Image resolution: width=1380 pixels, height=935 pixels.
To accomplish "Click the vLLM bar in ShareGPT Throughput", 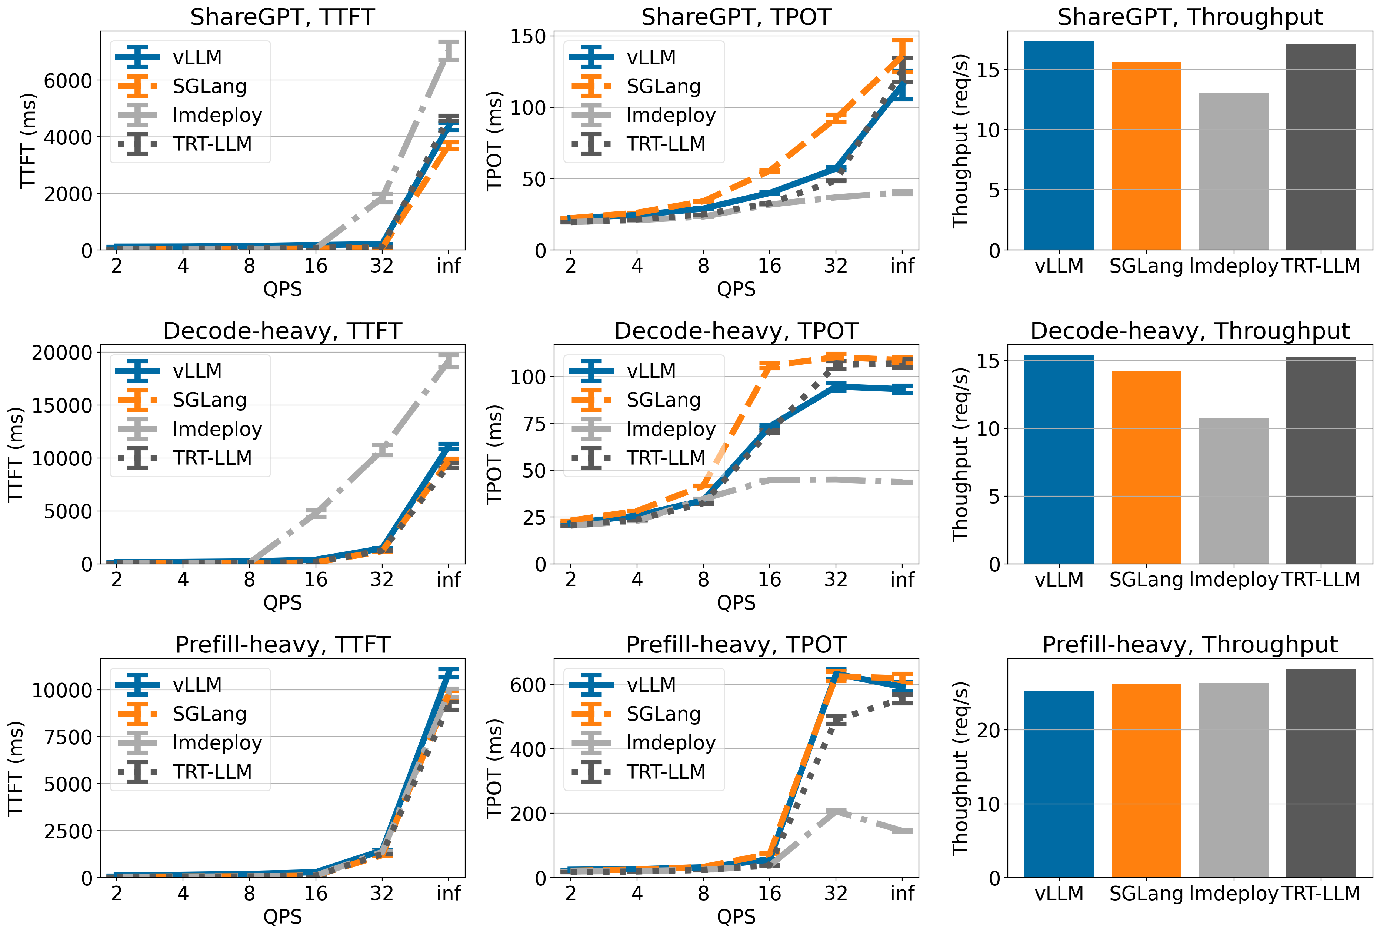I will click(1059, 146).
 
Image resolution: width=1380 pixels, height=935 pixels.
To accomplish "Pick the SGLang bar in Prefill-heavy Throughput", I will click(1146, 780).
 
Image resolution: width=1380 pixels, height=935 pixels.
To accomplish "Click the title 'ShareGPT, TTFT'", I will click(282, 17).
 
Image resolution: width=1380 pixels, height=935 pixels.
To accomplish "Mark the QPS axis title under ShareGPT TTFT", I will click(282, 289).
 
